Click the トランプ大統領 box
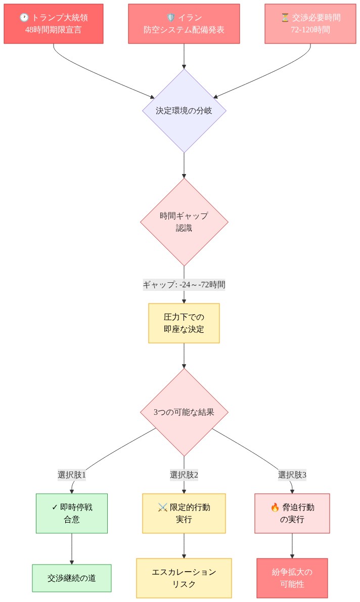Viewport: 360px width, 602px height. point(54,24)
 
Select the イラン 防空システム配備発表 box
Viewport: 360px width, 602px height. point(184,24)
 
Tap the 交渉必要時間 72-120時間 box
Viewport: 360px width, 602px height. point(310,24)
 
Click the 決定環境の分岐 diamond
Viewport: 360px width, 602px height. point(184,110)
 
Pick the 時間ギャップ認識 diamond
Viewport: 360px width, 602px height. point(184,222)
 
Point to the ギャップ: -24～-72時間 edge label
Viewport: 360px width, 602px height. point(184,284)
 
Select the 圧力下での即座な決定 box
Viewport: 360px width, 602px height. point(184,323)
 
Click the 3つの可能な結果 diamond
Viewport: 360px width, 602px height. point(184,412)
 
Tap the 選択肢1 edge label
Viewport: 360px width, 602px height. point(72,475)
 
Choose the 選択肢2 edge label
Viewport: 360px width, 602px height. point(184,475)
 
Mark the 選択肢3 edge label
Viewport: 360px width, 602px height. point(292,475)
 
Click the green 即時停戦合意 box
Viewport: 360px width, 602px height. point(72,513)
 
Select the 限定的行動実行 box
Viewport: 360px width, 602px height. point(184,513)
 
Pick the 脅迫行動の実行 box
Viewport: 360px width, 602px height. point(292,513)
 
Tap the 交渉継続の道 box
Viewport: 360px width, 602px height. point(72,578)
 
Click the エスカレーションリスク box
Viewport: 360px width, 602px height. point(184,578)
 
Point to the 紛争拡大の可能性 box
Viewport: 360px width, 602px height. point(292,578)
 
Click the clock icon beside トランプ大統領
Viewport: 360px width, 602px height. point(24,18)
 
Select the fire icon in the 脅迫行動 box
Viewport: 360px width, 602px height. point(275,507)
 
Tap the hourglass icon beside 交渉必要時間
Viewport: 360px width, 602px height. point(285,18)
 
